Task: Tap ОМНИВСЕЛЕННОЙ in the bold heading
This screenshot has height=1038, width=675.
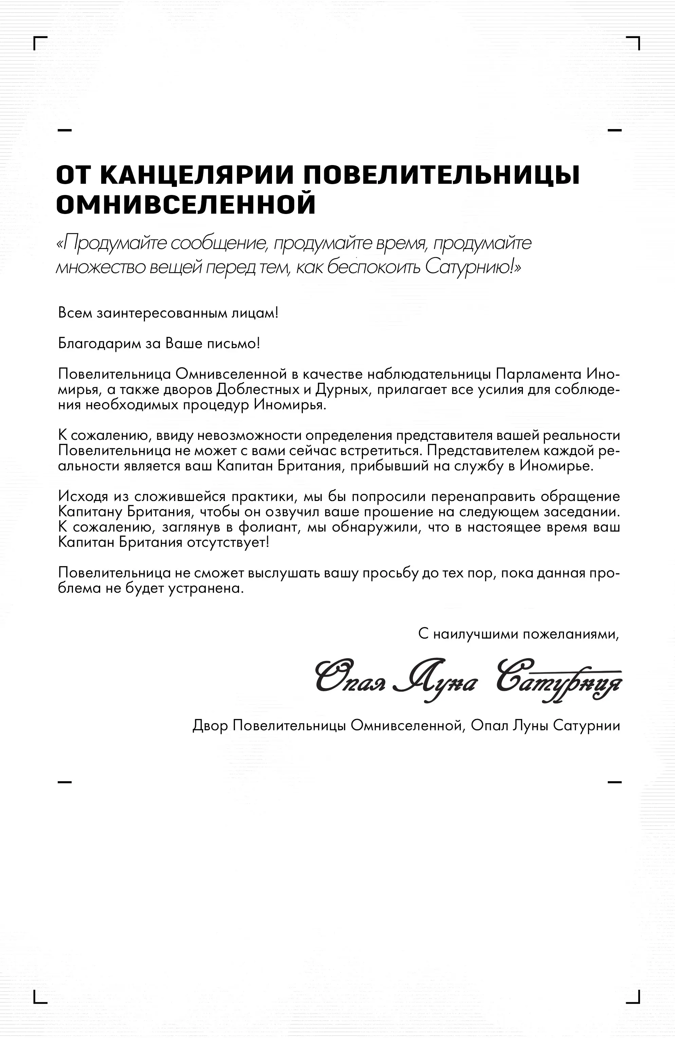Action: click(x=186, y=204)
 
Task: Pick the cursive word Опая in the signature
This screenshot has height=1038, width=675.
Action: click(x=351, y=680)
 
